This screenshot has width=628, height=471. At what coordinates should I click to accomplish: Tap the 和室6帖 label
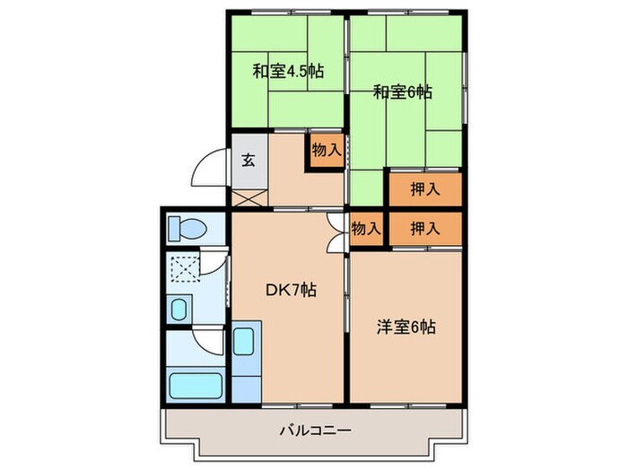(403, 91)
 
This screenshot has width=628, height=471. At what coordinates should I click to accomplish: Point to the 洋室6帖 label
(406, 327)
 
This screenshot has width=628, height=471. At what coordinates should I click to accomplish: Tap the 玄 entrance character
(249, 162)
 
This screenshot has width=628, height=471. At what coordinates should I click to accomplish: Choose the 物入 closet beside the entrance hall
(326, 151)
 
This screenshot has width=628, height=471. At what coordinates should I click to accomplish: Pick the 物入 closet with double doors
(365, 229)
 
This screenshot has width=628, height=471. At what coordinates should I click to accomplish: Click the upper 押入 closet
(425, 189)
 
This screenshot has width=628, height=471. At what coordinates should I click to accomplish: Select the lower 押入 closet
(425, 229)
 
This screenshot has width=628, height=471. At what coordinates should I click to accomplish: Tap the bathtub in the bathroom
(195, 386)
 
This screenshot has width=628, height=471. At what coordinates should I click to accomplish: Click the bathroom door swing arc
(209, 340)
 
